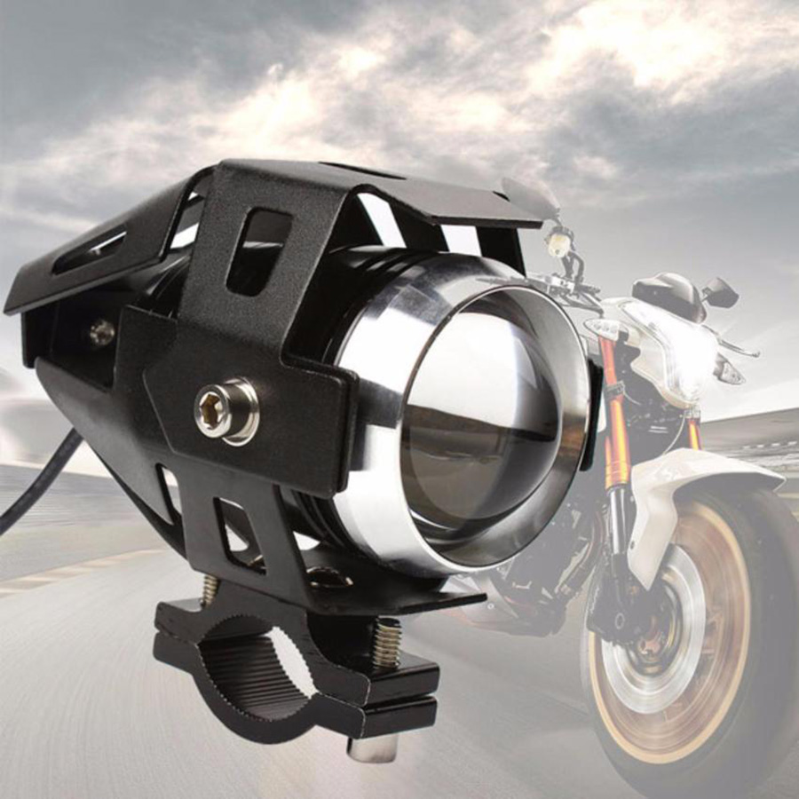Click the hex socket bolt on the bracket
click(x=225, y=410)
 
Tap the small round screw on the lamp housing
click(x=101, y=332)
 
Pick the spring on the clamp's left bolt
click(x=210, y=589)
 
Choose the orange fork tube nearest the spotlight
click(x=613, y=417)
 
